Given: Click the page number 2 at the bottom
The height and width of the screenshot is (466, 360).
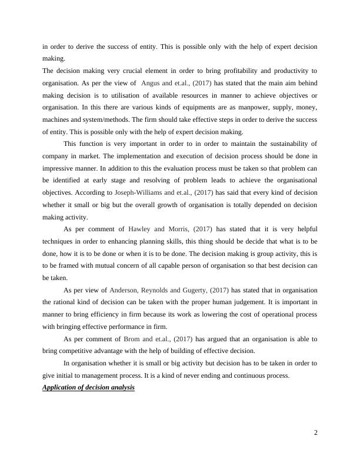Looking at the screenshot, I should [x=316, y=433].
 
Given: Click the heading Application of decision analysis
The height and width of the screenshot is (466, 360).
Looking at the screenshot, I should [x=89, y=387].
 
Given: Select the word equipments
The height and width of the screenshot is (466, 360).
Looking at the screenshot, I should [x=184, y=107].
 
